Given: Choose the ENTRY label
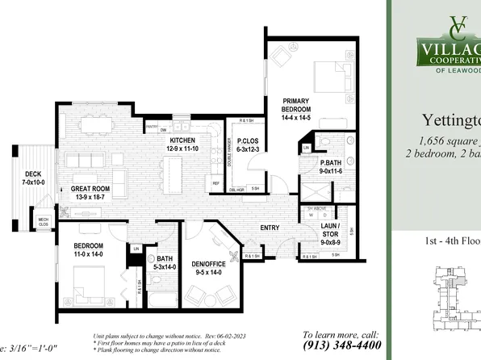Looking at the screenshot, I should [270, 228].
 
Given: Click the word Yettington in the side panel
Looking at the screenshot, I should [451, 121].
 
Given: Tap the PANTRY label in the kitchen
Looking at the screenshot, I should [151, 127].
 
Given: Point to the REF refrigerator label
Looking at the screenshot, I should [216, 183].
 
